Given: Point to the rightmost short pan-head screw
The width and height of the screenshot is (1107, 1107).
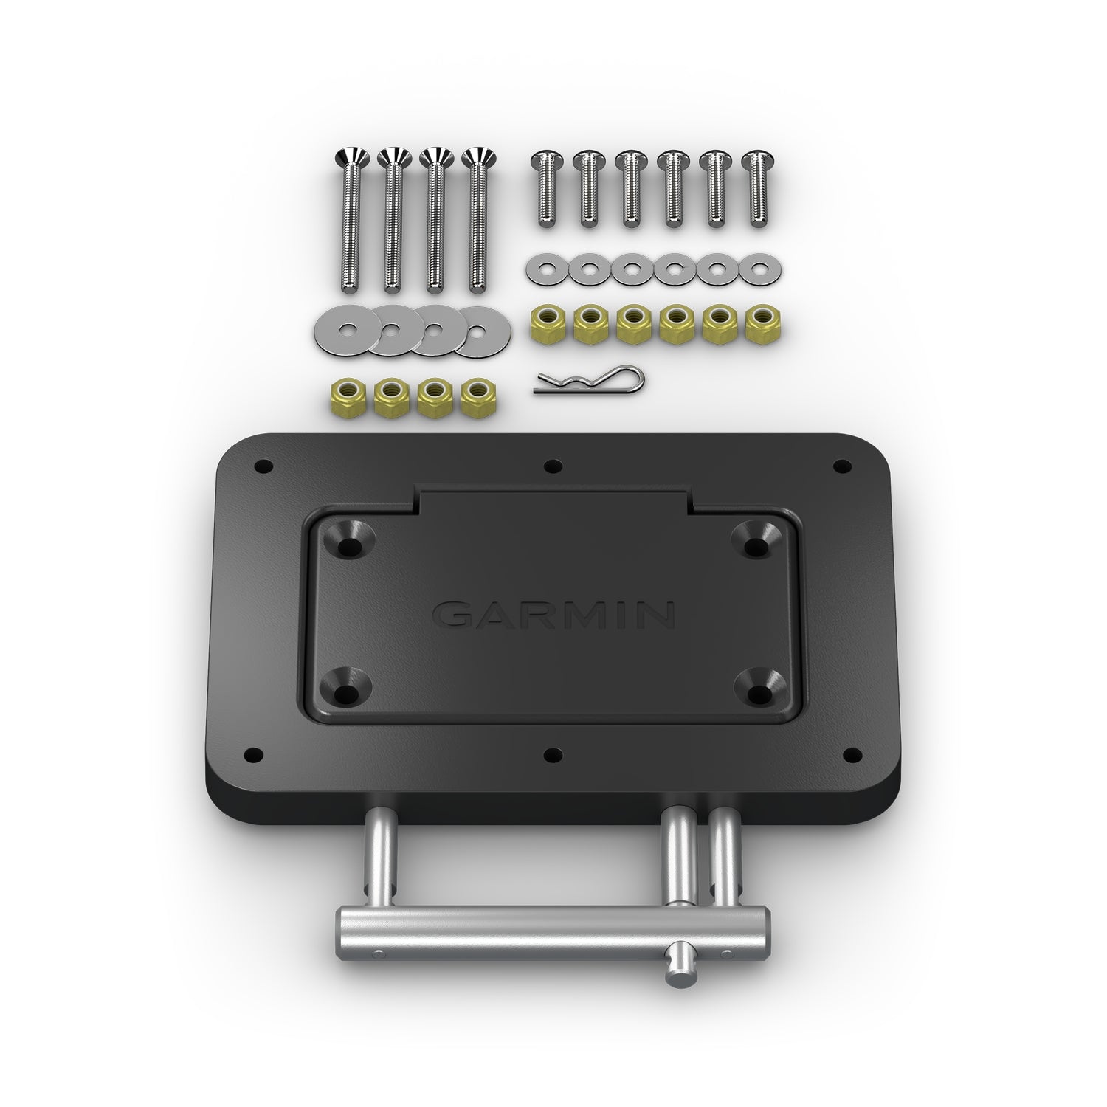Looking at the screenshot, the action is (x=754, y=188).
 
